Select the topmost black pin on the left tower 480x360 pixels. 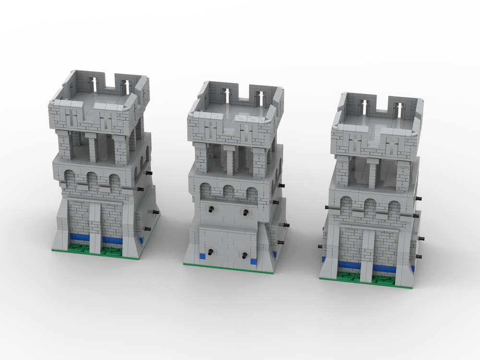[x=149, y=172]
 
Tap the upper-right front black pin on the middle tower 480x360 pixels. [x=246, y=211]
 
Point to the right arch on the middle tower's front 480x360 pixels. [x=251, y=194]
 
